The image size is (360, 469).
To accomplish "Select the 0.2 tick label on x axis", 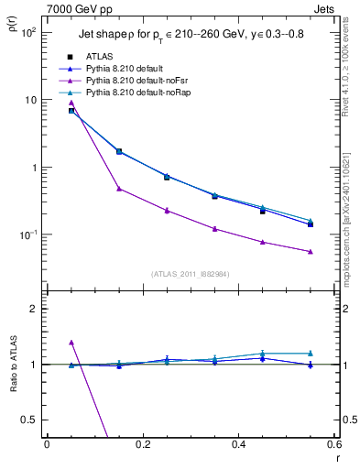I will click(142, 444).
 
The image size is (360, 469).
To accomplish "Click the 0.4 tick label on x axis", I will click(238, 444).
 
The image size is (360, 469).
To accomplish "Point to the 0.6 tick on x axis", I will click(334, 444).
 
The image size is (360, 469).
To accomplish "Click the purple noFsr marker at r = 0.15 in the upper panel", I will click(119, 189).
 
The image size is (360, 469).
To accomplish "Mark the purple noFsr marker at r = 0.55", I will click(311, 251).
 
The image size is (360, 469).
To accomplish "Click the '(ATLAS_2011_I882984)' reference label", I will click(190, 274).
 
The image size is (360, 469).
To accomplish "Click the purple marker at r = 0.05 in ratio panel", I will click(71, 342).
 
